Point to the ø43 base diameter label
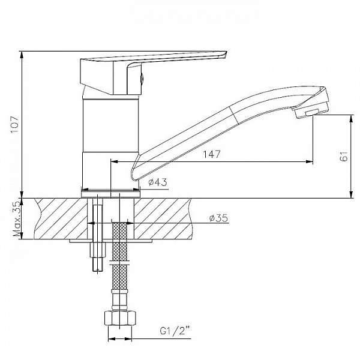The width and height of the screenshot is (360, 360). point(157,182)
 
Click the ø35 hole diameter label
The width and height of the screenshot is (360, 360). point(218,218)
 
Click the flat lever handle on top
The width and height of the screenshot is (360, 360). point(174,58)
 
